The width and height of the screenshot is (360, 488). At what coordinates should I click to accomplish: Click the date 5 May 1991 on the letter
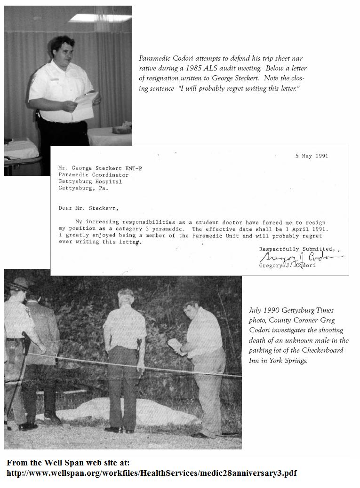pyautogui.click(x=312, y=156)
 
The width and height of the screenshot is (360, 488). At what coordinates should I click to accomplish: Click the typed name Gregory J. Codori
pyautogui.click(x=287, y=266)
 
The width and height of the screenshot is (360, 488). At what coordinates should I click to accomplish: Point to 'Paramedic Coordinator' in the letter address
pyautogui.click(x=93, y=175)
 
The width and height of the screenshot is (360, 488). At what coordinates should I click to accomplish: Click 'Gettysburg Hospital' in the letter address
pyautogui.click(x=90, y=181)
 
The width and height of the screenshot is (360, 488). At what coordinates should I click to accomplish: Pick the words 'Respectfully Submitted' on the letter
pyautogui.click(x=296, y=249)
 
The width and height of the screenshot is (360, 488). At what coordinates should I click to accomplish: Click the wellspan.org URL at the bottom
pyautogui.click(x=152, y=473)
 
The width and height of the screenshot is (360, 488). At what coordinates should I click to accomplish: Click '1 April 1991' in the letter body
pyautogui.click(x=300, y=229)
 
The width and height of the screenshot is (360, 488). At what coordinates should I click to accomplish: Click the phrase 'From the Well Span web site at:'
pyautogui.click(x=68, y=463)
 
